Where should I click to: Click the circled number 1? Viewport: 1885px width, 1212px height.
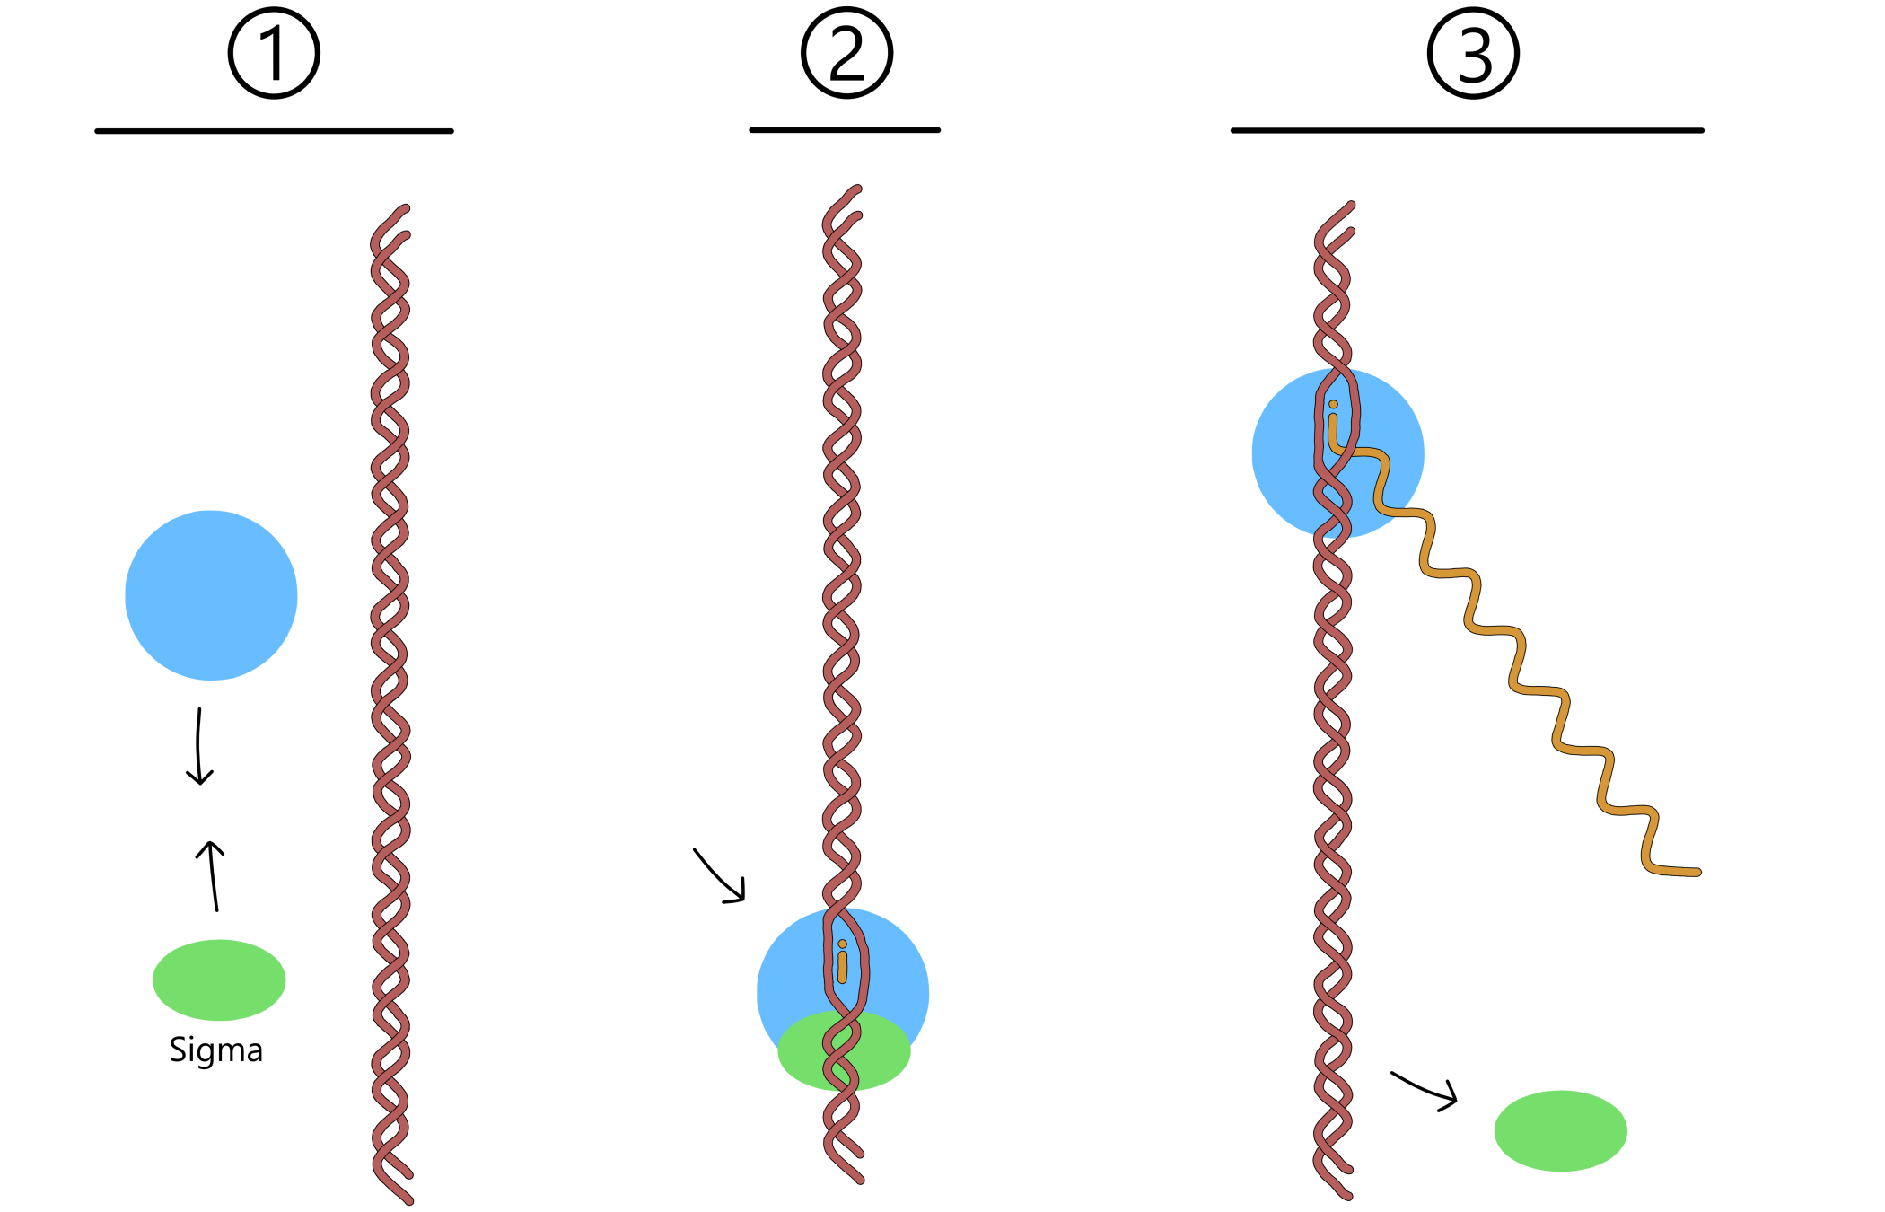click(x=274, y=53)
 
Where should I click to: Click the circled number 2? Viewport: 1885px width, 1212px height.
click(x=846, y=53)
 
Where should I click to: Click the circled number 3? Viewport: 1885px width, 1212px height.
click(x=1473, y=53)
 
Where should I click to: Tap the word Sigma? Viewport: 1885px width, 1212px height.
click(x=215, y=1050)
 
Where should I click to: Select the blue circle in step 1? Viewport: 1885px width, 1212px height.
click(x=211, y=595)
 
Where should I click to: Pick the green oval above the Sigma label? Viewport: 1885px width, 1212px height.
click(x=219, y=979)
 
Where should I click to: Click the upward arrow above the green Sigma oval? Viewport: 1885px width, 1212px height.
click(x=212, y=875)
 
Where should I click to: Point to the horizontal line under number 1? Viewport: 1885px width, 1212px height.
click(x=274, y=131)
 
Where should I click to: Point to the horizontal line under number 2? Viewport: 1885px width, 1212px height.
click(x=845, y=130)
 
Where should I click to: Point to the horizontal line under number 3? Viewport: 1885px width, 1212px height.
click(x=1467, y=130)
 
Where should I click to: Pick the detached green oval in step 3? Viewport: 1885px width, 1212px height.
click(x=1560, y=1130)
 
